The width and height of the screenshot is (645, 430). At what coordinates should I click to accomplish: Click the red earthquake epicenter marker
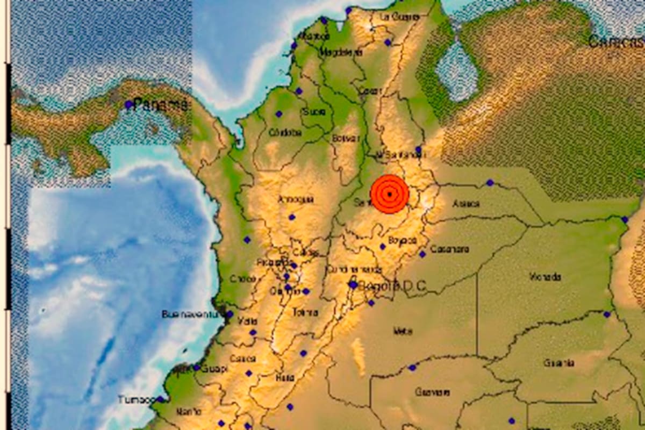point(390,194)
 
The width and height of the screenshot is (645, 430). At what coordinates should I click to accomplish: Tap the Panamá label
point(160,105)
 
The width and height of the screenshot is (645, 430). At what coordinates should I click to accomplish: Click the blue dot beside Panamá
point(128,104)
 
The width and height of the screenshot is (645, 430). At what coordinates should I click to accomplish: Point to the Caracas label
point(615,41)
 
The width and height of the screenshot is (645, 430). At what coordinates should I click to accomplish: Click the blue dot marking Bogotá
point(353,285)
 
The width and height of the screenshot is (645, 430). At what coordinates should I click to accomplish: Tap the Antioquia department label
point(295,200)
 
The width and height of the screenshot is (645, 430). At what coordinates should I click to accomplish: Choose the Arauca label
point(465,204)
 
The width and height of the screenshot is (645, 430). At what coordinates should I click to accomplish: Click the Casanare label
point(449,249)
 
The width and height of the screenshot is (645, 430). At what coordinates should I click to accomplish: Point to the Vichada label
point(545,277)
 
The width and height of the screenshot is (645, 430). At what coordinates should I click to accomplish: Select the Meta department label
point(402,331)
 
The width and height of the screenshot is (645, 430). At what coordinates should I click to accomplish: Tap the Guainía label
point(558,363)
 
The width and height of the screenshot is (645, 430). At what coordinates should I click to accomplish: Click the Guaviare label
point(432,392)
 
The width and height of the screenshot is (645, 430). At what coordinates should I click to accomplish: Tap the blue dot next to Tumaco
point(160,399)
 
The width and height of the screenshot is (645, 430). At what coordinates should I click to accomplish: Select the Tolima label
point(305,312)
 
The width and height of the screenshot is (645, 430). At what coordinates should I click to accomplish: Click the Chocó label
point(240,279)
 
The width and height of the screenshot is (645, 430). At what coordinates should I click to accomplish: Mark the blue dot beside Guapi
point(197,368)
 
